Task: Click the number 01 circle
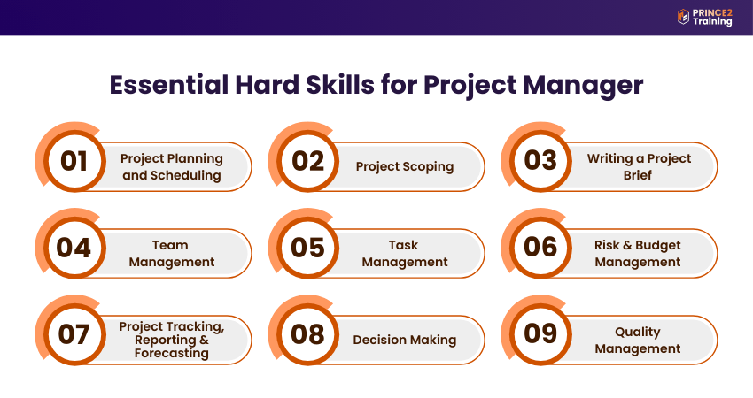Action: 74,161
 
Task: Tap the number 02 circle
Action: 307,161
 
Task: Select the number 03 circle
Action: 540,161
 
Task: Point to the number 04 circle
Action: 74,248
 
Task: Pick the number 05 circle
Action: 307,248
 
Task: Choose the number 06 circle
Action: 540,248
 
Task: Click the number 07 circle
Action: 74,333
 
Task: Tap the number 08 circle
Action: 307,333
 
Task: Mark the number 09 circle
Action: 540,333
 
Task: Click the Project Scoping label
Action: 405,167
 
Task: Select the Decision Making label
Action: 405,340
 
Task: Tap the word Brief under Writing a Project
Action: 638,175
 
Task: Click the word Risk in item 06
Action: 607,245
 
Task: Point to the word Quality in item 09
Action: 638,332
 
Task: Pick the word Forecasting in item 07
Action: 172,354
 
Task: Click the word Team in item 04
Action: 170,245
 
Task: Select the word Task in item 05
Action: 403,245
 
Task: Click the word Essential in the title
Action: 168,84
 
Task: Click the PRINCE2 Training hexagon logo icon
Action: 683,17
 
